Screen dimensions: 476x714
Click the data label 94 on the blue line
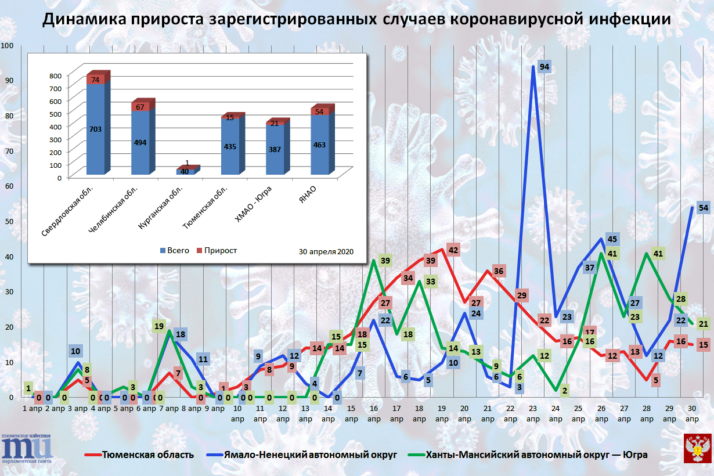(x=544, y=67)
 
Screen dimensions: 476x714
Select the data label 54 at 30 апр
(x=703, y=208)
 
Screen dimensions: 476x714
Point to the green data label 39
(x=384, y=261)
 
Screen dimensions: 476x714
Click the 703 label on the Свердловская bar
(x=96, y=129)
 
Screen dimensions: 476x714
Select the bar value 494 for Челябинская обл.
(x=140, y=142)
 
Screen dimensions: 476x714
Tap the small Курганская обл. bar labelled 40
(x=185, y=171)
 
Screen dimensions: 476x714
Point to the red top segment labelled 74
(x=96, y=80)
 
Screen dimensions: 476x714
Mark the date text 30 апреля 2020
(x=326, y=252)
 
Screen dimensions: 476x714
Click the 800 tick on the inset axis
(x=55, y=75)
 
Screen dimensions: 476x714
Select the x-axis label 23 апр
(x=533, y=414)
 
